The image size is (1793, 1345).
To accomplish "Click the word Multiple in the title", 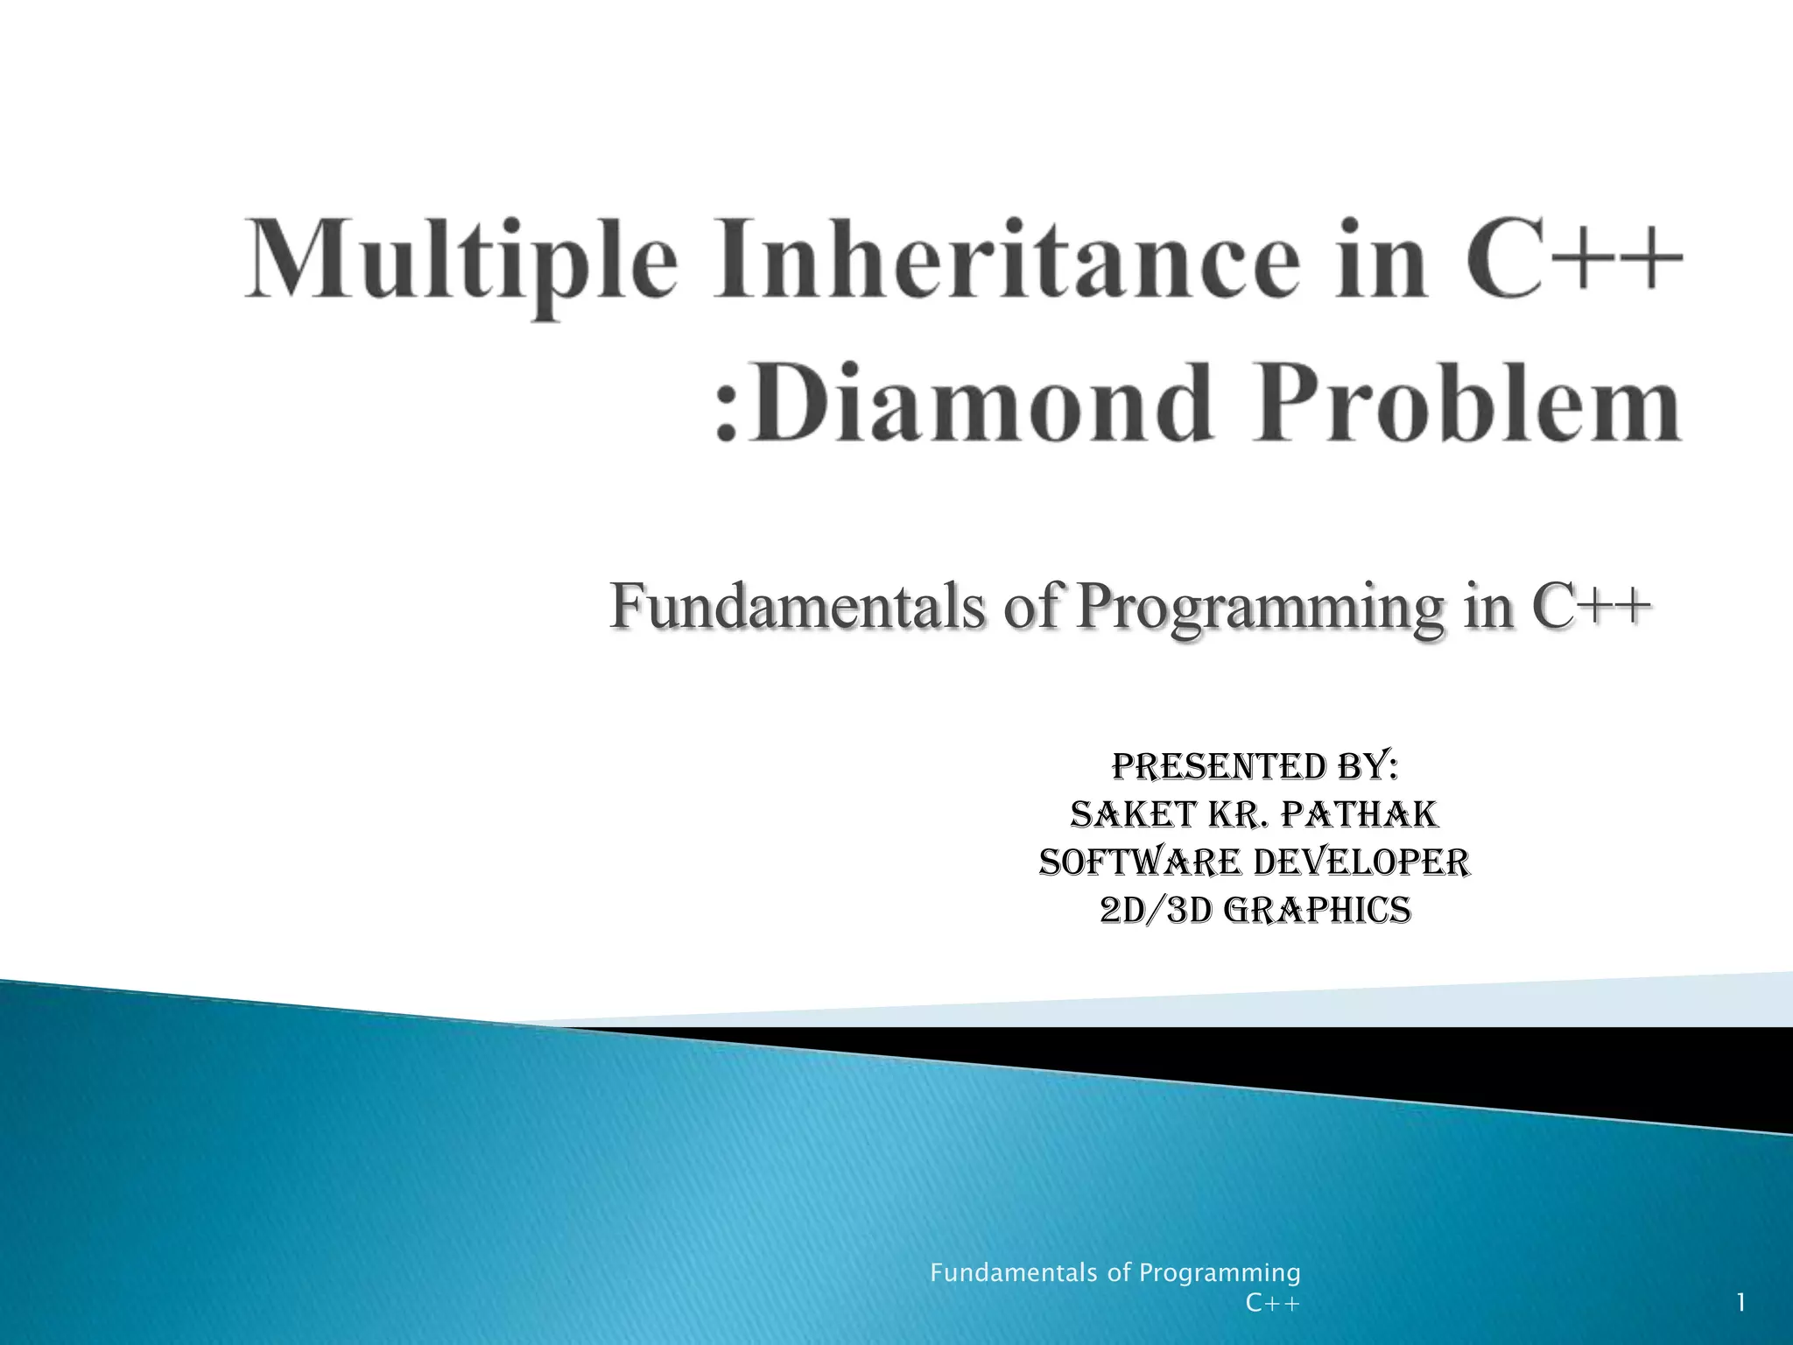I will (x=462, y=261).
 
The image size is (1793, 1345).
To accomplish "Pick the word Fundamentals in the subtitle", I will (x=797, y=606).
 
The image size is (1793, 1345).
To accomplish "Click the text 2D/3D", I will (x=1156, y=911).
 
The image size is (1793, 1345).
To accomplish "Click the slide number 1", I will (x=1741, y=1304).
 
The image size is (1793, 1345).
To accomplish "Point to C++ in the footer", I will (x=1273, y=1304).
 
